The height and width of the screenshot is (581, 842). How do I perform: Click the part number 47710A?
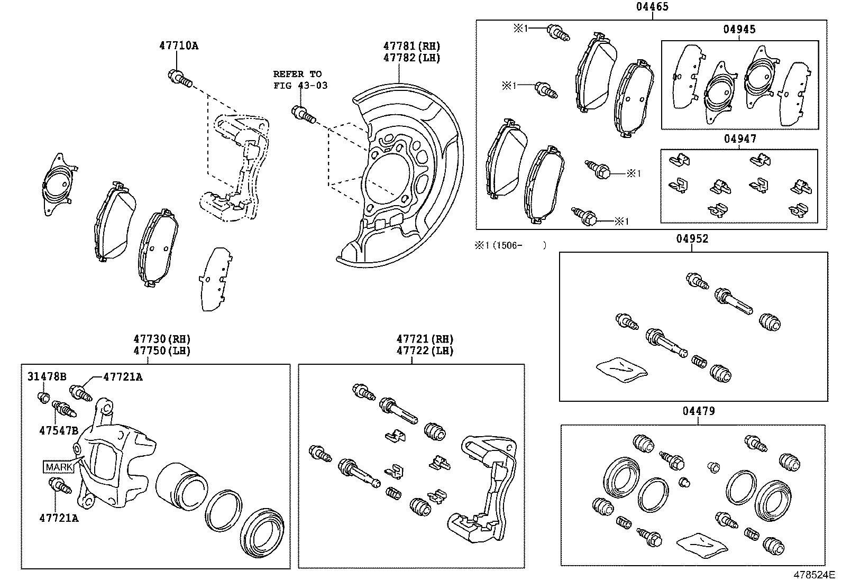tap(179, 46)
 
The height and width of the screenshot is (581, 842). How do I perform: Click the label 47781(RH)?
tap(411, 47)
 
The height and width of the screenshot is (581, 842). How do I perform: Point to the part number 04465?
tap(652, 7)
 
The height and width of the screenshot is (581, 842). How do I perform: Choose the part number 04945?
tap(739, 30)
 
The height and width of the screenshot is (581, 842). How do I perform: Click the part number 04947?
tap(739, 139)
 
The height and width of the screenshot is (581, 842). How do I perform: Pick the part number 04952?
tap(692, 239)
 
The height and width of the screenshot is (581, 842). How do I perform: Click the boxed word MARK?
tap(59, 467)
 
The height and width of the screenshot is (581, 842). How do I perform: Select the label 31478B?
tap(47, 377)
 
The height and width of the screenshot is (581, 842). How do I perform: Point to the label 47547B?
tap(58, 430)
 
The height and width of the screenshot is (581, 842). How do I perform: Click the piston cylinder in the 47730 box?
tap(181, 482)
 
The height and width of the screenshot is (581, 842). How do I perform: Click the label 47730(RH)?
tap(162, 339)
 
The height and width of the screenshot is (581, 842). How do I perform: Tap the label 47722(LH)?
tap(425, 351)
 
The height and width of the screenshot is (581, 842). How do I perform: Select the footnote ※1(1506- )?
tap(509, 245)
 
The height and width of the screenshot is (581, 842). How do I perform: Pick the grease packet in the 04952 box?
tap(621, 368)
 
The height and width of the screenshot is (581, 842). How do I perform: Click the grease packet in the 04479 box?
tap(701, 544)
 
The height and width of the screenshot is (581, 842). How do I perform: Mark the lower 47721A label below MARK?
tap(58, 518)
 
